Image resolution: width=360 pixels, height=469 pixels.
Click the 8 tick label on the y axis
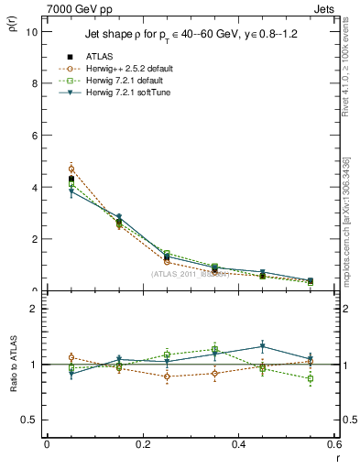tap(34, 83)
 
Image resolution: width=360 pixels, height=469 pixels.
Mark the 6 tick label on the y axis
tap(34, 136)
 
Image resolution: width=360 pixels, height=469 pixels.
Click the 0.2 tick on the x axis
tap(143, 444)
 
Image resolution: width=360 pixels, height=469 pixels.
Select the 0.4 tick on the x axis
tap(239, 444)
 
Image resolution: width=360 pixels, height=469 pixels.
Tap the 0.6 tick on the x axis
tap(334, 444)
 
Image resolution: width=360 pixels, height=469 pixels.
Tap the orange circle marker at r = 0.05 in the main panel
tap(71, 169)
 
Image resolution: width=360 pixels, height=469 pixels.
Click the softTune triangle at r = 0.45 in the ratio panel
tap(262, 346)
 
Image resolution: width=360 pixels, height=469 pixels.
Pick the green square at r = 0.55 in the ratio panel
tap(310, 378)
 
